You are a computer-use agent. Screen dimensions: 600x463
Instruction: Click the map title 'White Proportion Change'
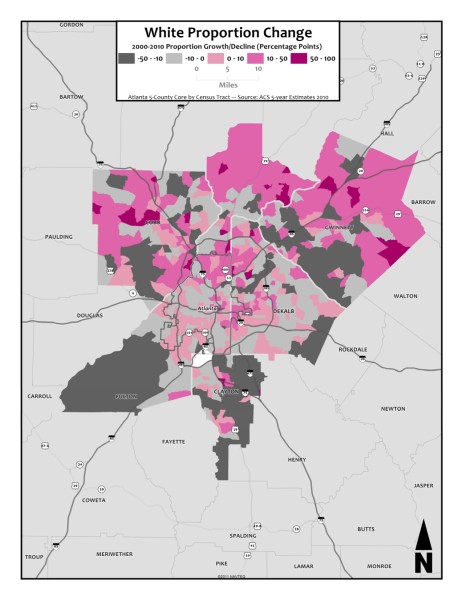click(x=230, y=32)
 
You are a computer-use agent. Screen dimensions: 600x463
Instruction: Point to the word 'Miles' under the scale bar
click(x=230, y=84)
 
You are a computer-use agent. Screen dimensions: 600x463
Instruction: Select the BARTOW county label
click(x=70, y=97)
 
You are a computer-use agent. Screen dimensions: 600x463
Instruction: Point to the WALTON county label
click(x=405, y=296)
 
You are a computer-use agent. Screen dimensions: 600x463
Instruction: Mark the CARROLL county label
click(x=40, y=396)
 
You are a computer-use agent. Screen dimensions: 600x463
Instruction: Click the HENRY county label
click(x=297, y=459)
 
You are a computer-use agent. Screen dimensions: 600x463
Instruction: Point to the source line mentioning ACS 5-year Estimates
click(x=230, y=98)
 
